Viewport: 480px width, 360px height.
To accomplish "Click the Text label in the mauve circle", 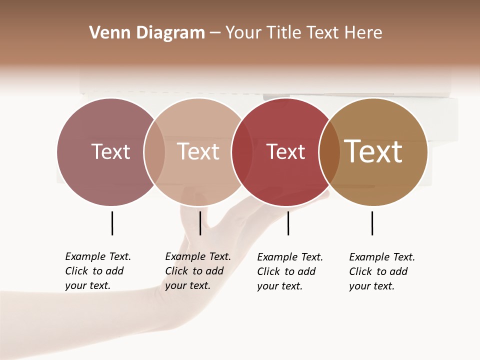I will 110,151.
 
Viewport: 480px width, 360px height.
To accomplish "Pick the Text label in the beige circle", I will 198,151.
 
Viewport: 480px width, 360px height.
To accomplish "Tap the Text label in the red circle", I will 285,152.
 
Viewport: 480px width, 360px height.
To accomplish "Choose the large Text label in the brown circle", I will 373,151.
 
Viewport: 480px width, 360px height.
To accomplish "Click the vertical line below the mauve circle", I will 112,223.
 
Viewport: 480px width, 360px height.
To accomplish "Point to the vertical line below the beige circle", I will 200,223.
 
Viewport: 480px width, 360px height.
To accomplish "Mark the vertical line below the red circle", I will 288,223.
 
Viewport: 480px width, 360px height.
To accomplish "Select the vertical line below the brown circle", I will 372,223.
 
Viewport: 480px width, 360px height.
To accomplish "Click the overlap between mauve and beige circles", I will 154,152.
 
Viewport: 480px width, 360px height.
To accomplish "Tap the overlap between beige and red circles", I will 242,152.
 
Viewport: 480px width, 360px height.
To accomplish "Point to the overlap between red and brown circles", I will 329,152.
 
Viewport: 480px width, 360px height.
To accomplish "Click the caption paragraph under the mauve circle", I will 97,271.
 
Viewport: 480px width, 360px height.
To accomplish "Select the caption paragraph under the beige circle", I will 197,271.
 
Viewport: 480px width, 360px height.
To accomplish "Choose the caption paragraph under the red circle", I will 289,271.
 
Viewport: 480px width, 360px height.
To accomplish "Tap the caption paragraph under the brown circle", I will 381,271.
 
